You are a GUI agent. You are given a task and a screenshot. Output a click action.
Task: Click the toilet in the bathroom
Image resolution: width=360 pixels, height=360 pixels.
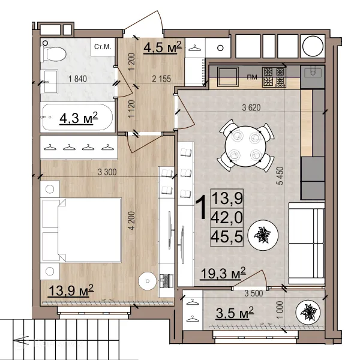[x=53, y=54]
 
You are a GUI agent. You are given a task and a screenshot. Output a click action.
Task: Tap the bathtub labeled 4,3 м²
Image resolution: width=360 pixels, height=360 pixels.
[x=77, y=118]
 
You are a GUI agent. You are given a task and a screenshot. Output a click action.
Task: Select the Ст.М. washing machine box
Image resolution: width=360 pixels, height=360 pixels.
[x=103, y=47]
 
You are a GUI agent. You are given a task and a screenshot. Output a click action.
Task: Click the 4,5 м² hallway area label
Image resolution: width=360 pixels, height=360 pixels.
[x=163, y=47]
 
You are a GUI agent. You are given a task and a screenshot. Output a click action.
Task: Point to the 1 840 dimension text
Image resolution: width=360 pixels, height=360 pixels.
[x=77, y=79]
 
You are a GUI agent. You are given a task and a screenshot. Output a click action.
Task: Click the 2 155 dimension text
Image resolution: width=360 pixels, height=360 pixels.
[x=161, y=79]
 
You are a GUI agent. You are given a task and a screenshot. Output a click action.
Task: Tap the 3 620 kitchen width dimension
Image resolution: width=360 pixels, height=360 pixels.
[x=251, y=107]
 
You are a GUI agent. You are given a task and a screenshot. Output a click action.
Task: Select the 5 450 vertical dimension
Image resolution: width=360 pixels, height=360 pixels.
[x=280, y=176]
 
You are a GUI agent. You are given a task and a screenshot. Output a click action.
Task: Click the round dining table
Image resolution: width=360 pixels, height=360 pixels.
[x=245, y=146]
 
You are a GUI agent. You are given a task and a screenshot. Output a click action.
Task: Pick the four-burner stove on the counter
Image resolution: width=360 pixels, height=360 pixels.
[x=274, y=77]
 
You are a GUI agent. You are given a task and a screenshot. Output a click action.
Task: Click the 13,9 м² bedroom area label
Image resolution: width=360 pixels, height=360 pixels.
[x=71, y=290]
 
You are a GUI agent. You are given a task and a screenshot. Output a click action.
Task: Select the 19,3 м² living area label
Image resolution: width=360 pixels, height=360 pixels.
[x=223, y=273]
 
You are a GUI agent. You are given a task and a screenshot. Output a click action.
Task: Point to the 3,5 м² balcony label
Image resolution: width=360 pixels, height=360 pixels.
[x=235, y=313]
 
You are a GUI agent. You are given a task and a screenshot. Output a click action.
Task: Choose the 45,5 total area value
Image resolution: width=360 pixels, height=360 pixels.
[x=227, y=237]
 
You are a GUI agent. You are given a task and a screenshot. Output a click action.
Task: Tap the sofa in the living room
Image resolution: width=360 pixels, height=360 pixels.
[x=307, y=244]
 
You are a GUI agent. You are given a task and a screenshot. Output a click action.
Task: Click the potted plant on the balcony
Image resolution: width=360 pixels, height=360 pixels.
[x=308, y=312]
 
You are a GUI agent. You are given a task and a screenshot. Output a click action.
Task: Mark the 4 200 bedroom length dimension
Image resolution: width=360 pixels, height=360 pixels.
[x=132, y=220]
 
